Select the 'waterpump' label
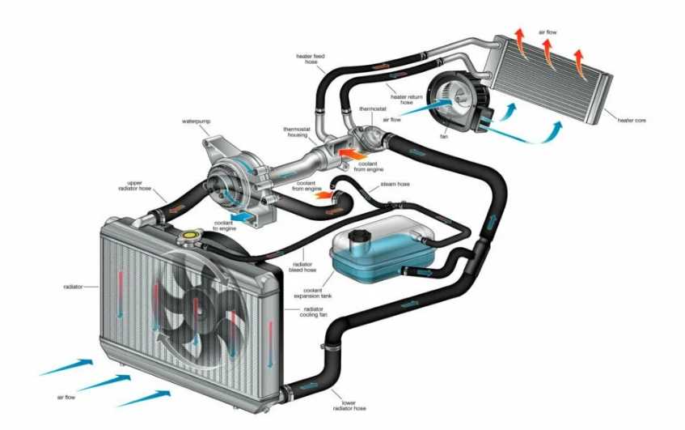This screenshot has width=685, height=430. pos(196,121)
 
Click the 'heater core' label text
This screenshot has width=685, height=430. pos(632,121)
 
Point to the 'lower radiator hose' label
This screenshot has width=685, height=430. pos(349,406)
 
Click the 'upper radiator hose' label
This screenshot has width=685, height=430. pos(134,186)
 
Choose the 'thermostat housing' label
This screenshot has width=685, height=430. pos(297,132)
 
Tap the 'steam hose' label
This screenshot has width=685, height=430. pos(395,184)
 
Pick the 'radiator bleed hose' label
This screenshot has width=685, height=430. pos(302,267)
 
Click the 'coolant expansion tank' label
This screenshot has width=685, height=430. pos(313,293)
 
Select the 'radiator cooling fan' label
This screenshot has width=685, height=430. pos(313,312)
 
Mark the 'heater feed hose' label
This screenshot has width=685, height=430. pos(311,59)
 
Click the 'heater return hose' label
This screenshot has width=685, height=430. pos(406,100)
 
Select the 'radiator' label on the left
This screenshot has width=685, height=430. pos(73,287)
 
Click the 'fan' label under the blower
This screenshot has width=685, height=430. pos(444,137)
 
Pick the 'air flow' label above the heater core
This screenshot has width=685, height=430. pos(548,32)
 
